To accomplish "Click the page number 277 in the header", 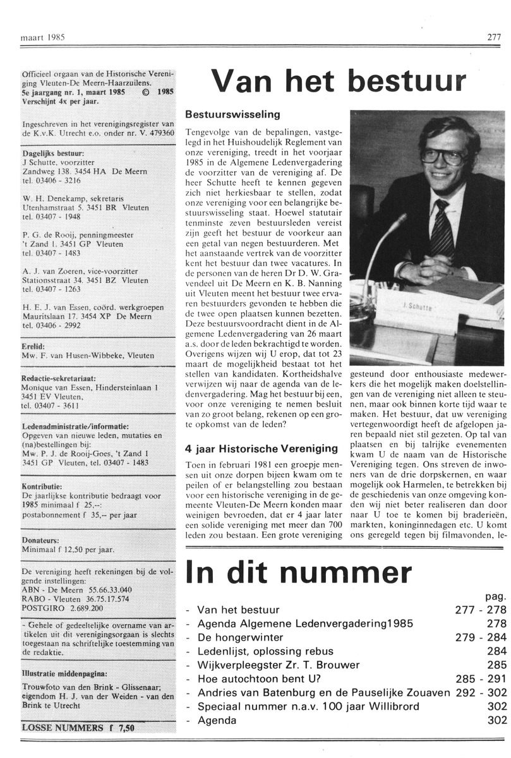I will (494, 37).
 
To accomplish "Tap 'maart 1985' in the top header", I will (42, 37).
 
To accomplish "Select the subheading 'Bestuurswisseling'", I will (232, 115).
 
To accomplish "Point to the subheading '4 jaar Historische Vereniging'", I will (262, 448).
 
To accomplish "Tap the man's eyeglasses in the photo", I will (442, 156).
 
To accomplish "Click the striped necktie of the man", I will (442, 231).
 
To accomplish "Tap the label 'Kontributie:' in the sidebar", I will (42, 469).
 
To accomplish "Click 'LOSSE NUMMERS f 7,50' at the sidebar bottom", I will (78, 727).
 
